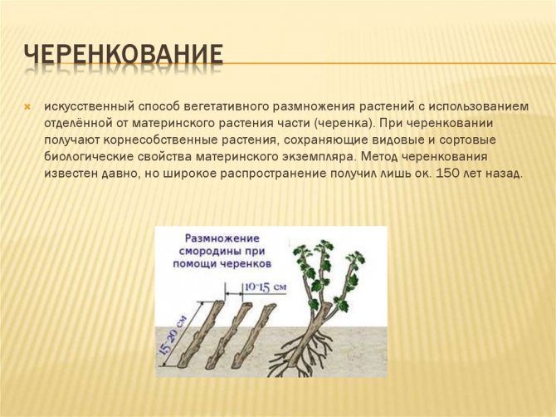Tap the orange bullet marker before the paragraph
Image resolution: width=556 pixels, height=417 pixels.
point(27,107)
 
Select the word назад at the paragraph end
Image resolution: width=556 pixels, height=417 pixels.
point(503,174)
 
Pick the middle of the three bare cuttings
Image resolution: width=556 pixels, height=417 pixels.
point(240,329)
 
